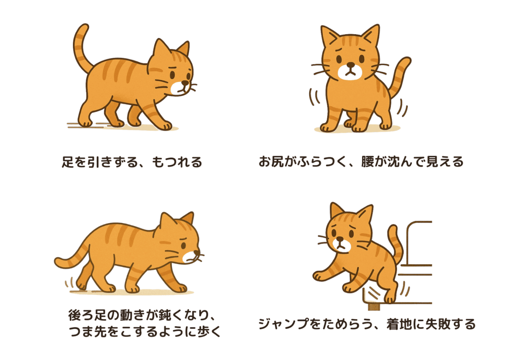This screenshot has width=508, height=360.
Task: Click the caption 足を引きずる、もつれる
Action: click(132, 162)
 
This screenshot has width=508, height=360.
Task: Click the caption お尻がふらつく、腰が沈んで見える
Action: click(361, 162)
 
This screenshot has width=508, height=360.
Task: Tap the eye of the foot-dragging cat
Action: click(172, 74)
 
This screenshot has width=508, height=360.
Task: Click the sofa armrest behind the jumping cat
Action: click(419, 243)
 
